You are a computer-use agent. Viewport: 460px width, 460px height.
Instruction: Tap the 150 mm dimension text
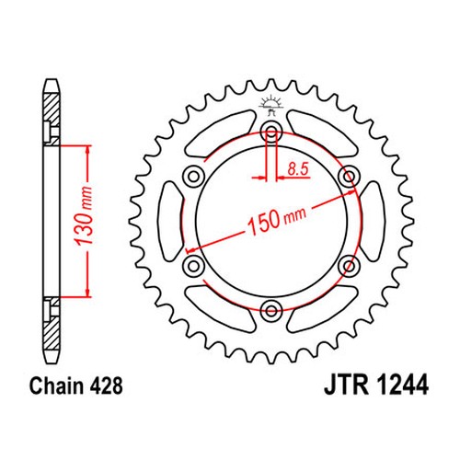pos(276,219)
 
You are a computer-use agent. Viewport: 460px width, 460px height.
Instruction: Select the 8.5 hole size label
pos(298,169)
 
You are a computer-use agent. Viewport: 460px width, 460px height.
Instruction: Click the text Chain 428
pos(76,385)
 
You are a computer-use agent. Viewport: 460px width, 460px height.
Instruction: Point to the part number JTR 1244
pos(376,385)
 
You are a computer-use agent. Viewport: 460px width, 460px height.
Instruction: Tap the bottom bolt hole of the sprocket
pos(270,310)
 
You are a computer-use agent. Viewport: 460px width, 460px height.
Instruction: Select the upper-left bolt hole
pos(193,177)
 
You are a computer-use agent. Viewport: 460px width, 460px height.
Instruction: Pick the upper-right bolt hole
pos(349,177)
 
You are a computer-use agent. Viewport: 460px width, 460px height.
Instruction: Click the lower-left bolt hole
pos(193,266)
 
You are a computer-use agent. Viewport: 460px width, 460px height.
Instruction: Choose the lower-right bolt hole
pos(349,266)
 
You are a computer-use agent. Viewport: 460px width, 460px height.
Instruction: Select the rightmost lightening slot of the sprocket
pos(372,221)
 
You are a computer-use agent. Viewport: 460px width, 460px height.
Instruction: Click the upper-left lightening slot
pos(219,134)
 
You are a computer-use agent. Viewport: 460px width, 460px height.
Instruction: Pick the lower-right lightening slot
pos(323,309)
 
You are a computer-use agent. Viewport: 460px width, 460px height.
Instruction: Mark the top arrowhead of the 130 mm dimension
pos(88,150)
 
